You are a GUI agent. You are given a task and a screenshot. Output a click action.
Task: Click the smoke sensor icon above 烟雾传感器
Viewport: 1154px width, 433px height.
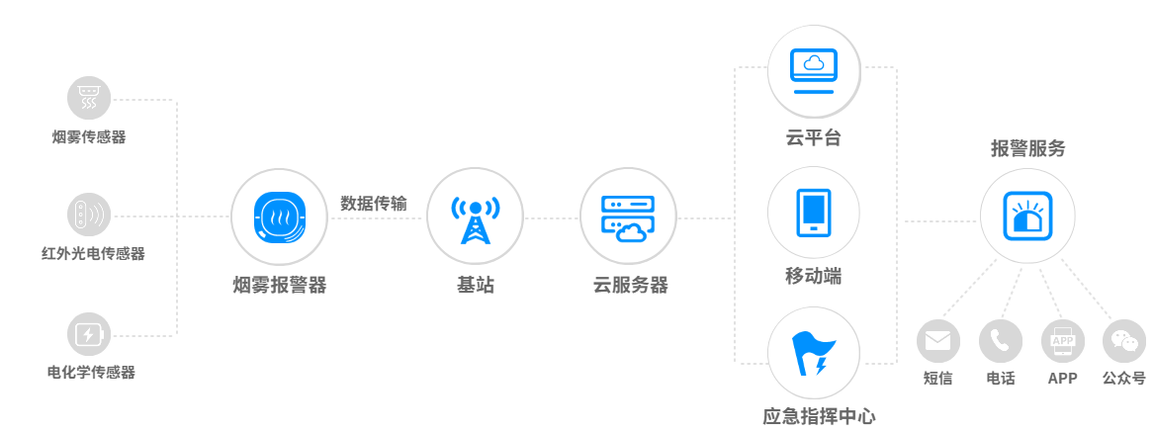click(88, 98)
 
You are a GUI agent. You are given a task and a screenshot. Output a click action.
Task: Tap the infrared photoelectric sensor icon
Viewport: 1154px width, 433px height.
click(88, 216)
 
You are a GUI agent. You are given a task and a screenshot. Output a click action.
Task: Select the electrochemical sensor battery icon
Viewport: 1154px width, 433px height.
click(88, 334)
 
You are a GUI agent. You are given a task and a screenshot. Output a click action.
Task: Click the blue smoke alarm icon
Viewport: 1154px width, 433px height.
click(279, 217)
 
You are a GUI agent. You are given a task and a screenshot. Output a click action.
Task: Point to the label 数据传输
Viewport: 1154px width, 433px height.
click(373, 204)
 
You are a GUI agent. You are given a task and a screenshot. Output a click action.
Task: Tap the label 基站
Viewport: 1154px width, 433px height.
click(476, 286)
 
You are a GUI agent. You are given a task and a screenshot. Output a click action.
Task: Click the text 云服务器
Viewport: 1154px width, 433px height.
click(630, 286)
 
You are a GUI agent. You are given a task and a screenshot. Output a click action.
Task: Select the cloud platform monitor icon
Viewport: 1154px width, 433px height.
click(813, 70)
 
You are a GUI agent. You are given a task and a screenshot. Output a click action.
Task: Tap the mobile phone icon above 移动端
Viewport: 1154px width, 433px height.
click(813, 213)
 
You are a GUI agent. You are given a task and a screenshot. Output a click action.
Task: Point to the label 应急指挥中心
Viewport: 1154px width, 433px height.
click(819, 416)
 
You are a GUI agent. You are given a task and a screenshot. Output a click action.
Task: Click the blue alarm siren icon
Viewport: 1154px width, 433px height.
click(1027, 216)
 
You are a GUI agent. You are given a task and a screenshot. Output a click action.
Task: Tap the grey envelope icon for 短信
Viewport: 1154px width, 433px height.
click(938, 341)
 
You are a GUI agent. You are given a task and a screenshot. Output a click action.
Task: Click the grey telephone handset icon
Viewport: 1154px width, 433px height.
click(1000, 341)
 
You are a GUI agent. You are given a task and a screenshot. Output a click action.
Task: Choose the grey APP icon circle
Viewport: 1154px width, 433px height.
click(1063, 341)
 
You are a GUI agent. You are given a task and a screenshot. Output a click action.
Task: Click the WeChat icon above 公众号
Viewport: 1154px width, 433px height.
click(1123, 341)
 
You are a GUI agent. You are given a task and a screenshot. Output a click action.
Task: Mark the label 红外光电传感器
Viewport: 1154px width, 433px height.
click(93, 254)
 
